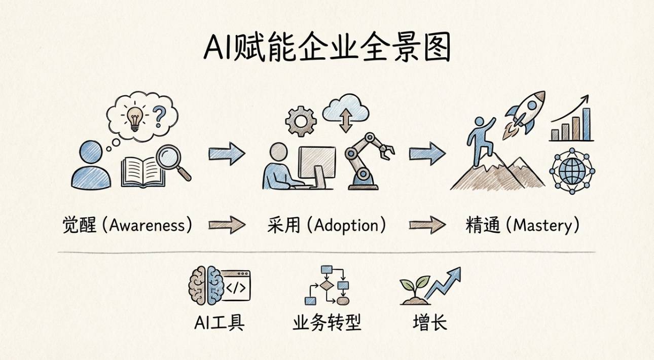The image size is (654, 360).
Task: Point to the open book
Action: coord(142,172)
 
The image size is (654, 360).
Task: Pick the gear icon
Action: coord(301,121)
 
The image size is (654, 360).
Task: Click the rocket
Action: coord(526,113)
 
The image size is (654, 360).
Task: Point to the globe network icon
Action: coord(572,171)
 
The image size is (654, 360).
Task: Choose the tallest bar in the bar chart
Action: coord(586,124)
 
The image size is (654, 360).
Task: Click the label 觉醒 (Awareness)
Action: coord(127,225)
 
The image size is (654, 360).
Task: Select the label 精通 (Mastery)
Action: coord(523,225)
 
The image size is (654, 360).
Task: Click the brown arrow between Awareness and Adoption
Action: coord(227,225)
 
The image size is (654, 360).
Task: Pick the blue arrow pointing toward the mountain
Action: coord(427,154)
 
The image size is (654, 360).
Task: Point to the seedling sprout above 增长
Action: coord(413,289)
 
